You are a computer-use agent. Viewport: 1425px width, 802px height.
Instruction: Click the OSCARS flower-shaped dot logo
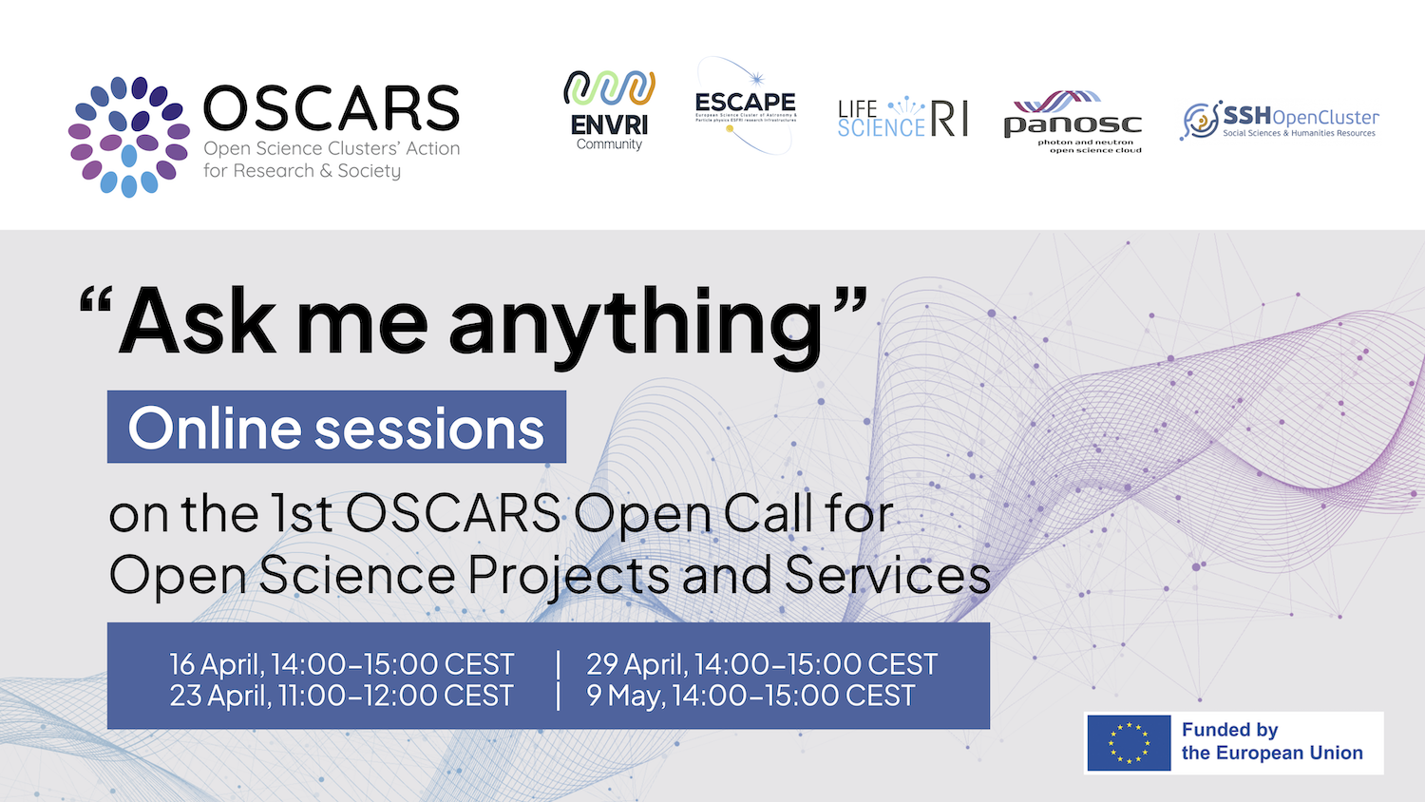click(x=128, y=137)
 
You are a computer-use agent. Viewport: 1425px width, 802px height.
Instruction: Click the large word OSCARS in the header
click(x=331, y=108)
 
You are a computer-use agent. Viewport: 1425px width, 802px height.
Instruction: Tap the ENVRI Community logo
click(x=609, y=110)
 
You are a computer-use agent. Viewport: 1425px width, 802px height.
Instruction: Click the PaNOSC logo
click(x=1073, y=122)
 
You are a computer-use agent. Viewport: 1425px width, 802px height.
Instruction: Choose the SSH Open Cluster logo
click(x=1279, y=121)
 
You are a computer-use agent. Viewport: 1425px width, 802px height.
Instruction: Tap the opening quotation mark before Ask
click(x=95, y=302)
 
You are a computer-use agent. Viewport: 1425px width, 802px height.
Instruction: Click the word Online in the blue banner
click(x=214, y=429)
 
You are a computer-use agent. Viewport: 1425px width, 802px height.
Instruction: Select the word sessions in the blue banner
click(x=429, y=429)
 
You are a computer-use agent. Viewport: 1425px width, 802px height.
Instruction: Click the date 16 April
click(x=216, y=663)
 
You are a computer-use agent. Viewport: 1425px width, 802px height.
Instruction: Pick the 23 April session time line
click(x=341, y=696)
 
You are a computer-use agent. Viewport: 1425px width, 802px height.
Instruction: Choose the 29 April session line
click(x=761, y=663)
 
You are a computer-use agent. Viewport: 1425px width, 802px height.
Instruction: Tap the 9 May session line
click(x=750, y=696)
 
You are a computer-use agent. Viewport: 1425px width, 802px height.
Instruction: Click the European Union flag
click(x=1129, y=742)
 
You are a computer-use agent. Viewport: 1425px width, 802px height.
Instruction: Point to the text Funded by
click(x=1229, y=730)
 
